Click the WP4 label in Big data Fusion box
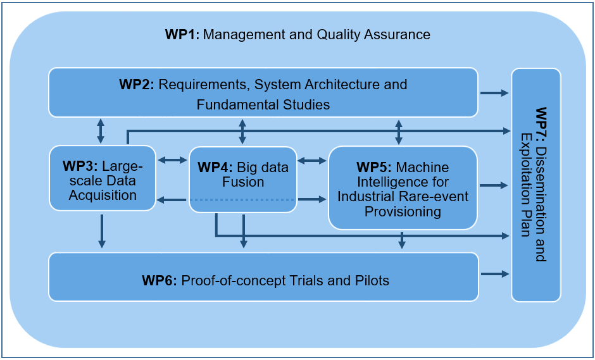click(x=215, y=167)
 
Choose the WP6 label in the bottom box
click(x=160, y=281)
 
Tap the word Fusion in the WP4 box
click(x=243, y=182)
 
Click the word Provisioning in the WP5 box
click(x=403, y=212)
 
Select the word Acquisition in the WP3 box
click(x=103, y=196)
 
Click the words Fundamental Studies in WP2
click(x=263, y=104)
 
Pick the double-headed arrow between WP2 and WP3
click(x=101, y=130)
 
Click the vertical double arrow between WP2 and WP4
click(x=242, y=131)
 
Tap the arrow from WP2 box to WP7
click(x=494, y=92)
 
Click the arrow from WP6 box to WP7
click(x=494, y=274)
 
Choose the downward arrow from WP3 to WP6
click(x=101, y=231)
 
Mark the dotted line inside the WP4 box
click(x=242, y=199)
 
